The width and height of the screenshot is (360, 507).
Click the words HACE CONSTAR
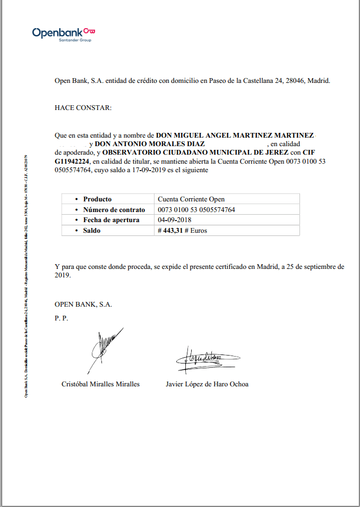(83, 108)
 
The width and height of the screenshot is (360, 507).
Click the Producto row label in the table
(97, 199)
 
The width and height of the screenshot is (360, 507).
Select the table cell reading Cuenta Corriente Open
(191, 199)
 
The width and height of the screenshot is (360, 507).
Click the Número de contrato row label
(114, 210)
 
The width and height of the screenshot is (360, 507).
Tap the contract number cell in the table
(196, 210)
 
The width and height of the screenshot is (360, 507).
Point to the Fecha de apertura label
(111, 220)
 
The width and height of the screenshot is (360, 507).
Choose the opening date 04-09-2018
(175, 220)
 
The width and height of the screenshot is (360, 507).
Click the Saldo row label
(91, 231)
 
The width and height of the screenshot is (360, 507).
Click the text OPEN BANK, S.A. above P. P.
(83, 305)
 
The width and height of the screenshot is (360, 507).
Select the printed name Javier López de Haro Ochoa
(207, 384)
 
